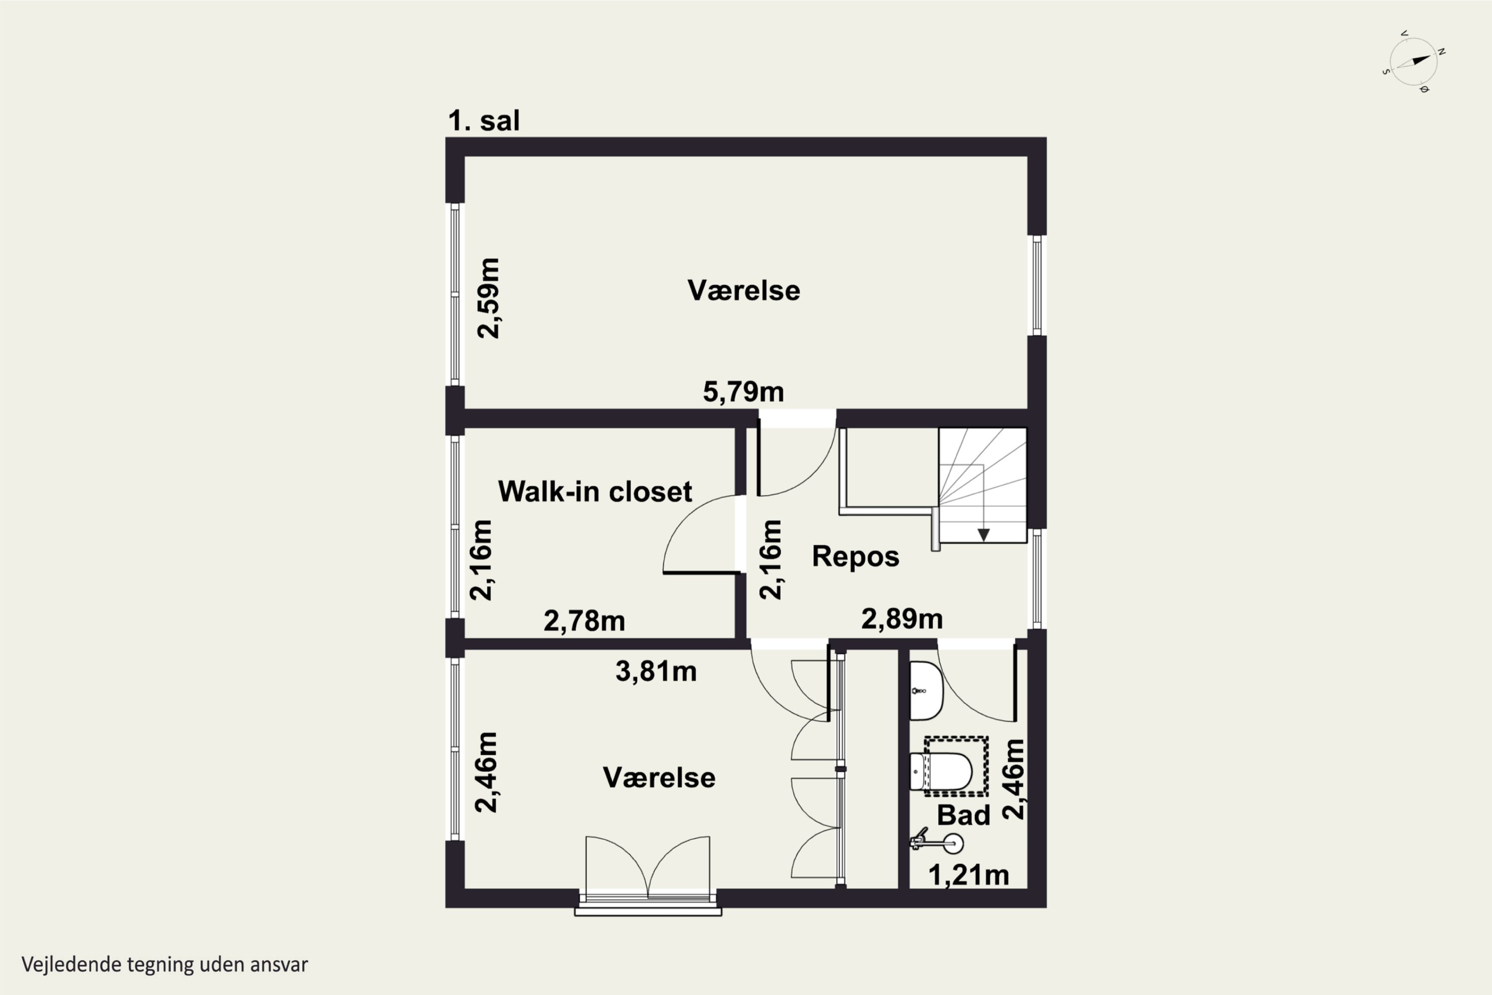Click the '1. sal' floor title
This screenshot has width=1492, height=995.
[x=484, y=120]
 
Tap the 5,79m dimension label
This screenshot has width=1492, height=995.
[x=744, y=392]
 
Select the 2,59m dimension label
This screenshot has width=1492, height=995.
[x=488, y=298]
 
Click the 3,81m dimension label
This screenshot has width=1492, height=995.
[x=656, y=671]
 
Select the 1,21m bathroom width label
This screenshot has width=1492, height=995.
[x=969, y=875]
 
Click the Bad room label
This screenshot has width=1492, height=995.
[x=964, y=815]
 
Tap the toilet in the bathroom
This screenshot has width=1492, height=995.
[x=941, y=772]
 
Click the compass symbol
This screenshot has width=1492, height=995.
[x=1414, y=62]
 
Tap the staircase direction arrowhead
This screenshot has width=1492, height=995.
[x=983, y=535]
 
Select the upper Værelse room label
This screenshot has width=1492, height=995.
[x=744, y=291]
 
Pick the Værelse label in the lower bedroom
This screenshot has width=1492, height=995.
[x=659, y=778]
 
